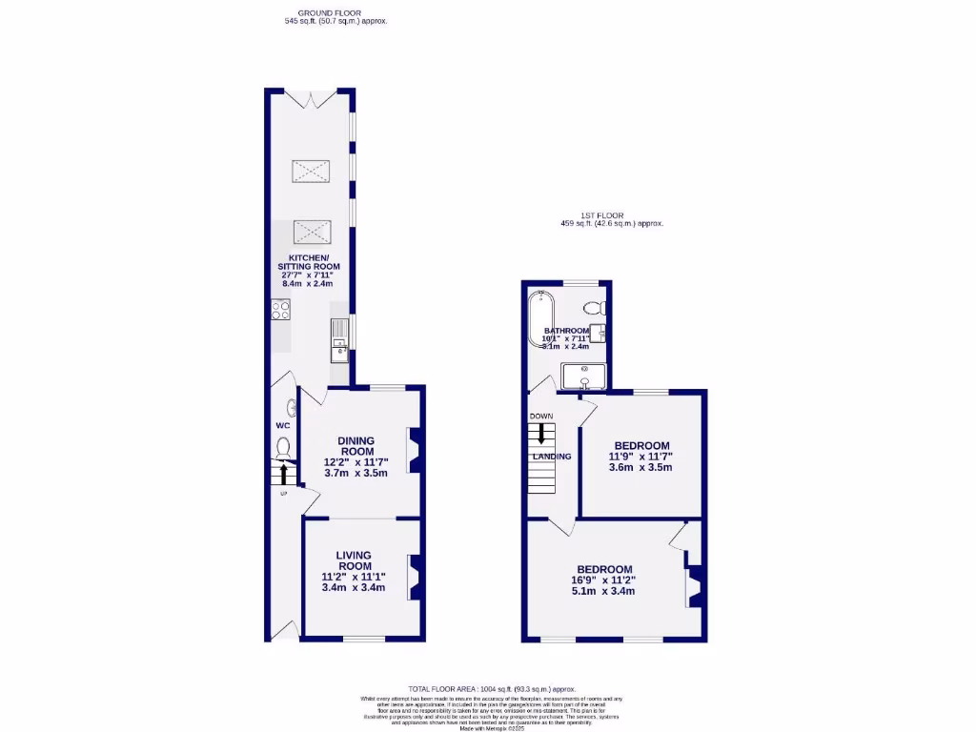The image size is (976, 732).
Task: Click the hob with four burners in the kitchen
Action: (x=281, y=310)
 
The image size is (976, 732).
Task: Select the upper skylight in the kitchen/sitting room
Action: (x=311, y=172)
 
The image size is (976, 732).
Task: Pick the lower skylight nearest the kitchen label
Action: (x=311, y=231)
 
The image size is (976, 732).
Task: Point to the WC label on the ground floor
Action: (x=282, y=425)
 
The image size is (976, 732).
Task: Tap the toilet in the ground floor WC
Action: (x=283, y=446)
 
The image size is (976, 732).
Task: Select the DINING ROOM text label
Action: (x=356, y=445)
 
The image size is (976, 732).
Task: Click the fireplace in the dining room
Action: (x=416, y=451)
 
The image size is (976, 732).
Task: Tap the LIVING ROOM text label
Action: (x=353, y=560)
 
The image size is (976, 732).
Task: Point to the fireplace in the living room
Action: (x=416, y=578)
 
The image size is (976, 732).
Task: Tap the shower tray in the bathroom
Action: (x=583, y=377)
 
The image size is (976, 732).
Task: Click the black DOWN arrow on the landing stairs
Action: (x=541, y=434)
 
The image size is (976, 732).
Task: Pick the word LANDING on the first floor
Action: (x=552, y=457)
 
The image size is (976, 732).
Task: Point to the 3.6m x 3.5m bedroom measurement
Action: (x=640, y=467)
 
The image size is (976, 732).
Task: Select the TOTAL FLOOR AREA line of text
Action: (x=493, y=688)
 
